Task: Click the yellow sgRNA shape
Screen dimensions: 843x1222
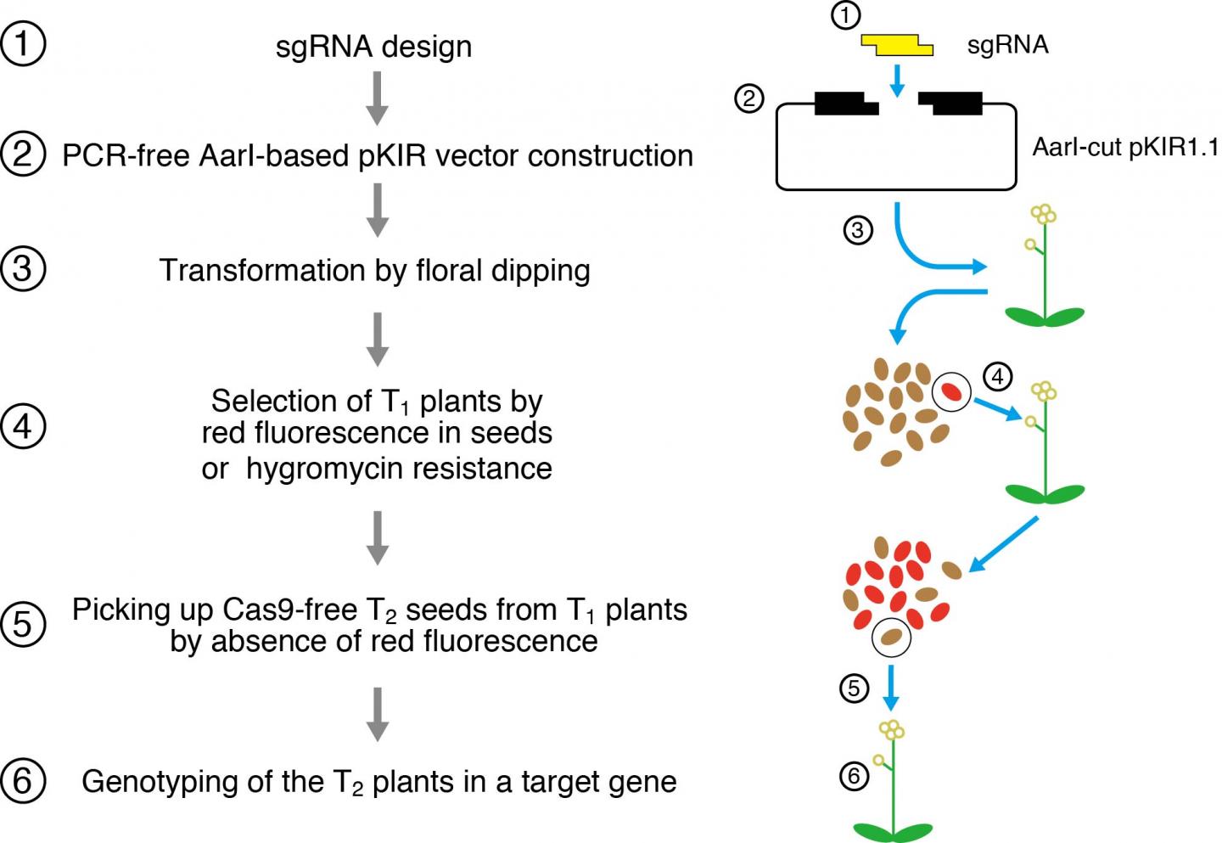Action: click(x=897, y=45)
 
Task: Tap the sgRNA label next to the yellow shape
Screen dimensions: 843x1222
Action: click(x=1007, y=44)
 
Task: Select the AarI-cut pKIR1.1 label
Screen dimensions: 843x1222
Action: click(x=1124, y=147)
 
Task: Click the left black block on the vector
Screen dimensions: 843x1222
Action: click(x=844, y=104)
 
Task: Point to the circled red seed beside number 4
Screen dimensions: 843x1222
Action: click(x=951, y=391)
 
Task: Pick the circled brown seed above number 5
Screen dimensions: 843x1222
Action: click(x=891, y=637)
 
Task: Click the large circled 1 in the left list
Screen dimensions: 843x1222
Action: click(x=23, y=44)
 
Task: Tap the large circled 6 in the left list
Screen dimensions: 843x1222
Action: click(x=23, y=780)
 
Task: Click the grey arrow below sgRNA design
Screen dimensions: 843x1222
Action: click(x=377, y=98)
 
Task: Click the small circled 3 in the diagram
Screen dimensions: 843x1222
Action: click(x=858, y=230)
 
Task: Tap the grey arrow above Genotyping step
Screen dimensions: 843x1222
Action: click(x=377, y=713)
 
